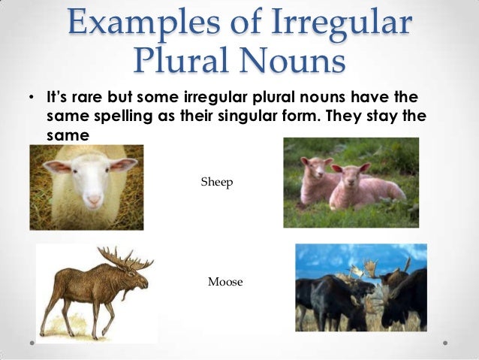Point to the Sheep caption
pos(217,183)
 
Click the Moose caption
pos(225,282)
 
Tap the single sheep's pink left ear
pos(56,166)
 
